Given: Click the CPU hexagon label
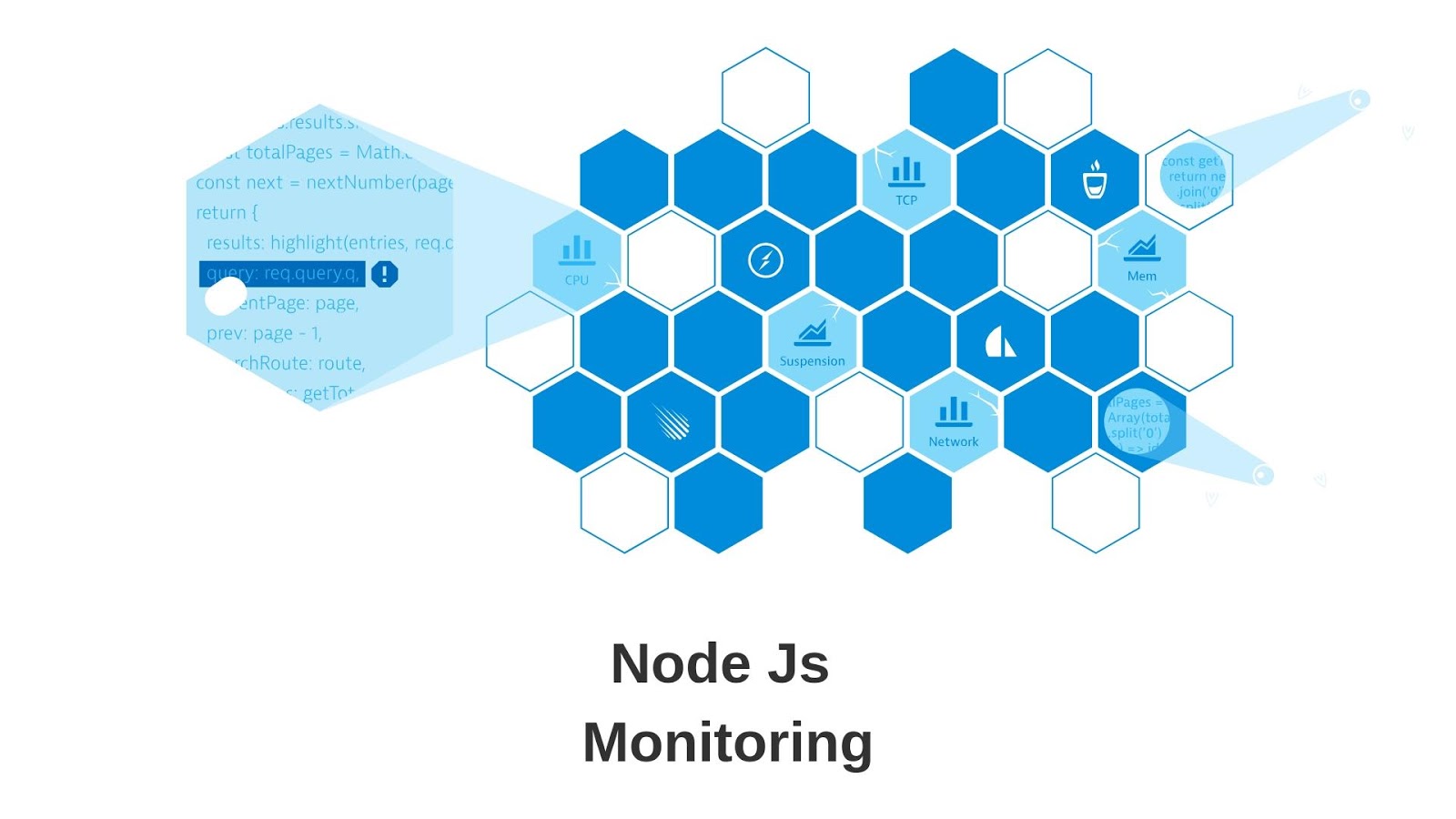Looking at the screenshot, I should (x=577, y=280).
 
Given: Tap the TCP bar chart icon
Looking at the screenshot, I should (x=906, y=170).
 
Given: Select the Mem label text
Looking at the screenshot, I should (x=1142, y=276).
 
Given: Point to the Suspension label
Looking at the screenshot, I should (x=812, y=361).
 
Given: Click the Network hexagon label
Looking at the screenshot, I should (x=954, y=441).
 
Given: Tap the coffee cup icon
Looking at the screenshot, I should (x=1095, y=180).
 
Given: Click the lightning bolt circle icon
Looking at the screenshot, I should (x=765, y=260).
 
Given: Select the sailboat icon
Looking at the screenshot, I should (x=999, y=342).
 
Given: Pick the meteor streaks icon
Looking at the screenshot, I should (x=672, y=421).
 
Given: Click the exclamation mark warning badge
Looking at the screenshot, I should (x=385, y=274).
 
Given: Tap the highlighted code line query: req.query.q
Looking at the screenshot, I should (x=282, y=273).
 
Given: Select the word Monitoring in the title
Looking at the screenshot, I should (x=727, y=743).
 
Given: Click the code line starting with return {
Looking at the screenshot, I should (x=227, y=213).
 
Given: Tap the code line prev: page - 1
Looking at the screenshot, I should (x=264, y=333).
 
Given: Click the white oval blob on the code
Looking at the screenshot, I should (x=225, y=296).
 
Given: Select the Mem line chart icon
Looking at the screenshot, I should (x=1142, y=248).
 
